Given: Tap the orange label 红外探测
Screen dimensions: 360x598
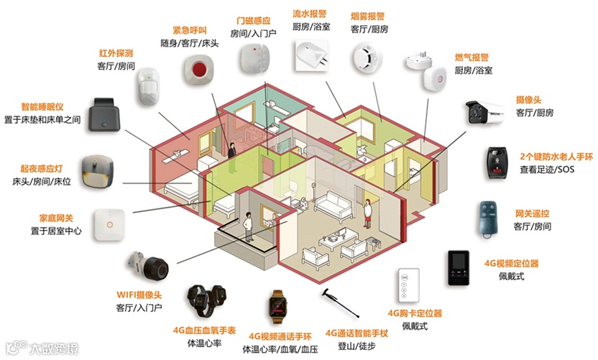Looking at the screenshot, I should (x=115, y=53).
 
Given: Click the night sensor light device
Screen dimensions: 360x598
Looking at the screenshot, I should (x=97, y=170).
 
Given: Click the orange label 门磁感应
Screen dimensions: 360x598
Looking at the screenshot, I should (x=254, y=20).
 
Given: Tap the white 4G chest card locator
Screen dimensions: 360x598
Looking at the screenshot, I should (x=408, y=288).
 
